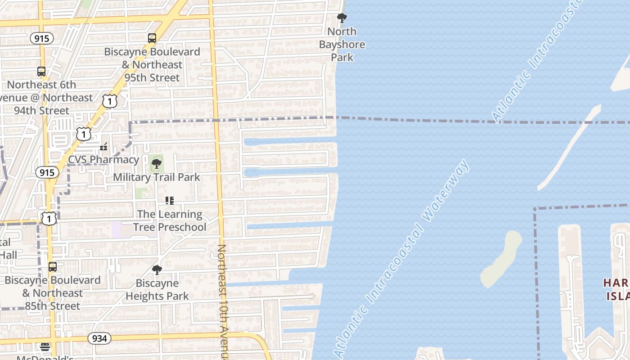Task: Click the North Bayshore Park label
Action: [x=342, y=44]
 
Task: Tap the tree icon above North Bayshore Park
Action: [x=342, y=18]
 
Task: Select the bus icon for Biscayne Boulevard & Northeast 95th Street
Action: [x=152, y=38]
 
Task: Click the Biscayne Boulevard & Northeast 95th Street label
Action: [x=152, y=64]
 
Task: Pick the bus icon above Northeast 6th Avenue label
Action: [x=41, y=71]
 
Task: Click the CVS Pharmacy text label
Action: [x=103, y=159]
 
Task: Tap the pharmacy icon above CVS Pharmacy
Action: [x=104, y=146]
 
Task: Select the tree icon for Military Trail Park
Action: [x=156, y=163]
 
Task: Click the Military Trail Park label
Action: [x=157, y=177]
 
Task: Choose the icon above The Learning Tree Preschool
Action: [x=169, y=201]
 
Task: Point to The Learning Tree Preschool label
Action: [x=170, y=220]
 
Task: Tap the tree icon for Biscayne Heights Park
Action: [x=157, y=270]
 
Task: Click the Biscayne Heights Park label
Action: [x=157, y=290]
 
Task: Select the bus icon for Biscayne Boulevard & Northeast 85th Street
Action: [x=53, y=267]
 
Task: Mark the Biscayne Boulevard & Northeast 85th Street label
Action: [x=52, y=293]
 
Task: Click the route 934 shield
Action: [x=99, y=338]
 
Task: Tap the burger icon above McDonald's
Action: [x=45, y=346]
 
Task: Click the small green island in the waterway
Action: [x=500, y=259]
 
